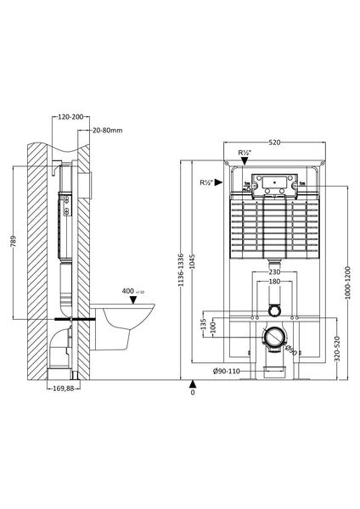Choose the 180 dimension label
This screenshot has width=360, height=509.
(x=273, y=282)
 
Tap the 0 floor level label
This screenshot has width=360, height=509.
(x=193, y=393)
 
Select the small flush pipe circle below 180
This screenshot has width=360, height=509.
(x=273, y=310)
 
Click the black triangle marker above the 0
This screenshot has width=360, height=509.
(x=193, y=383)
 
